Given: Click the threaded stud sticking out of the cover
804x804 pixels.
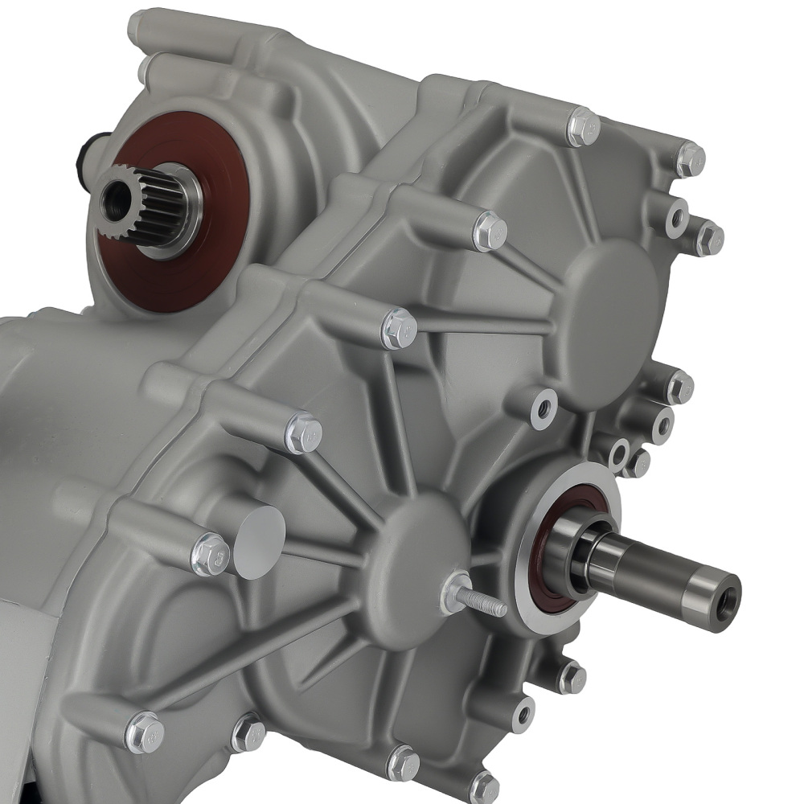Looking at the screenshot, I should pyautogui.click(x=482, y=600).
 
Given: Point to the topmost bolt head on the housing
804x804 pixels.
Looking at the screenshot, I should pyautogui.click(x=583, y=126).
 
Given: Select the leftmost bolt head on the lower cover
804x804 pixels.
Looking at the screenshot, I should pyautogui.click(x=146, y=732).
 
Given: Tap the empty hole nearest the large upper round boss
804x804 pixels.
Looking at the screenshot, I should pyautogui.click(x=544, y=407).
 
